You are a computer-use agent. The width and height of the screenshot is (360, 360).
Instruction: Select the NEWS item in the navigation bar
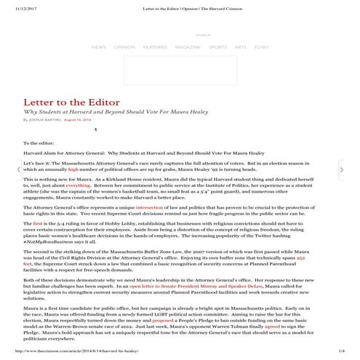[x=99, y=47]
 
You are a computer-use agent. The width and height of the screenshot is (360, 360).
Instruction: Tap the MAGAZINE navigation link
[x=188, y=47]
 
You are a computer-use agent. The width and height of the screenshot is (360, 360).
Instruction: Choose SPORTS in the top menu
[x=217, y=47]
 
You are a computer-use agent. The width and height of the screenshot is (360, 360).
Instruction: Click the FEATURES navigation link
[x=155, y=47]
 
